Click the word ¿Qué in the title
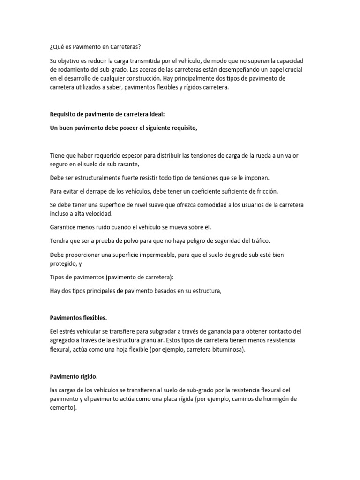[57, 47]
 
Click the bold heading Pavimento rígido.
[74, 376]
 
